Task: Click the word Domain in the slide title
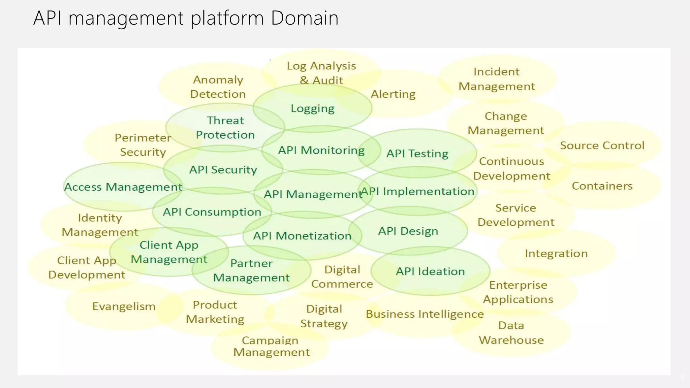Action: tap(304, 18)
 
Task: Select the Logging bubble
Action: tap(312, 108)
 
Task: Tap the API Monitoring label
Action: tap(321, 150)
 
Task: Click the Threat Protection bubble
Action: tap(225, 128)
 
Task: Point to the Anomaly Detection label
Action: tap(218, 87)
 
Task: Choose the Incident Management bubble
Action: tap(497, 79)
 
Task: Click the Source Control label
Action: tap(602, 145)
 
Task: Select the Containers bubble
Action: tap(602, 186)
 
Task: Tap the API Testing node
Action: tap(417, 154)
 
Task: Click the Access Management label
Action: tap(123, 187)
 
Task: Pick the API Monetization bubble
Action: tap(302, 236)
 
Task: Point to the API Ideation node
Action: tap(430, 271)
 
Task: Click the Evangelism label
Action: tap(124, 306)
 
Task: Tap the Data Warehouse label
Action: tap(511, 333)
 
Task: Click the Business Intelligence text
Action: tap(425, 314)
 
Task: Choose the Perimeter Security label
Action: tap(143, 145)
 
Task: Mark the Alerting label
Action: tap(393, 94)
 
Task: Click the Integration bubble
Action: tap(556, 254)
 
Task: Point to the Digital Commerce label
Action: tap(342, 277)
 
